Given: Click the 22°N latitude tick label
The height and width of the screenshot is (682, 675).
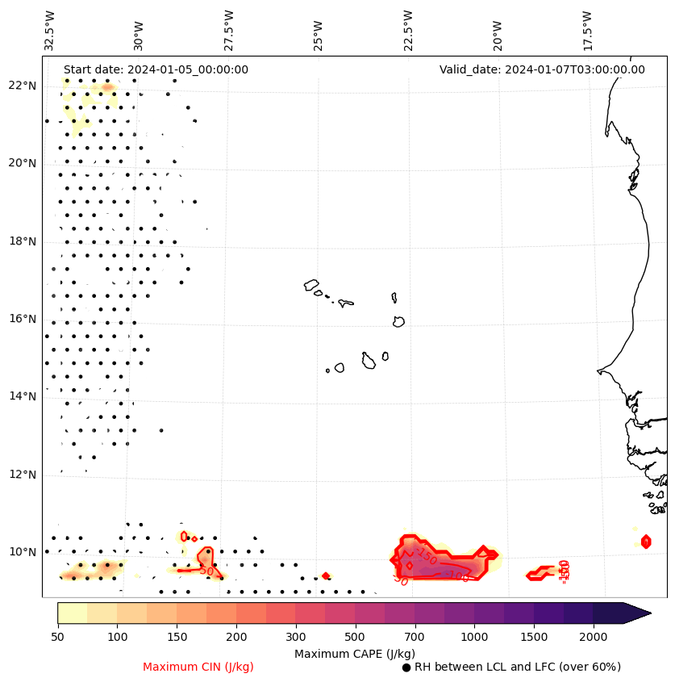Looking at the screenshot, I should coord(22,86).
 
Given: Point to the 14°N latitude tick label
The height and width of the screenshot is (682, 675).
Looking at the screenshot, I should coord(22,396).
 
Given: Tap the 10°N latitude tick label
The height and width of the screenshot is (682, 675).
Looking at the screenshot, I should coord(22,552).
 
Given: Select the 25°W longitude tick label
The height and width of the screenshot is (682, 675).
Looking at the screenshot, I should coord(319,31).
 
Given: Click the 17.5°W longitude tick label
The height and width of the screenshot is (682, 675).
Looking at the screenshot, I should coord(587,30).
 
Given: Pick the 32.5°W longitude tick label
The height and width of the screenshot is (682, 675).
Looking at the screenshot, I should coord(50,30).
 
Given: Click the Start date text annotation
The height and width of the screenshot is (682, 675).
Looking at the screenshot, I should coord(156,69).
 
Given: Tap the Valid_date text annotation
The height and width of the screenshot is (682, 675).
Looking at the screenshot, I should coord(542,69).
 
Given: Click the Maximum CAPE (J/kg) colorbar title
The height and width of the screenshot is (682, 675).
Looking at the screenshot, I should coord(354,653).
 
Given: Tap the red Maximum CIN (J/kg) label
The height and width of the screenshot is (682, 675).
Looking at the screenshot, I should coord(198,667).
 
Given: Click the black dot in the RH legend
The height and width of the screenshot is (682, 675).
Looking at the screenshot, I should coord(406,667).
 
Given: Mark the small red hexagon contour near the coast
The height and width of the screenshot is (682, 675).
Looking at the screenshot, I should coord(646,542).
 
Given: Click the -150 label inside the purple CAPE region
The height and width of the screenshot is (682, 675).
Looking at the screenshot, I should coord(427,556).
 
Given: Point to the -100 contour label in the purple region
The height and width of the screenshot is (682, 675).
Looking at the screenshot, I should coord(457,576).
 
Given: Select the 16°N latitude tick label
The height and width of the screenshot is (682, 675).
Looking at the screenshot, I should coord(22,319).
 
